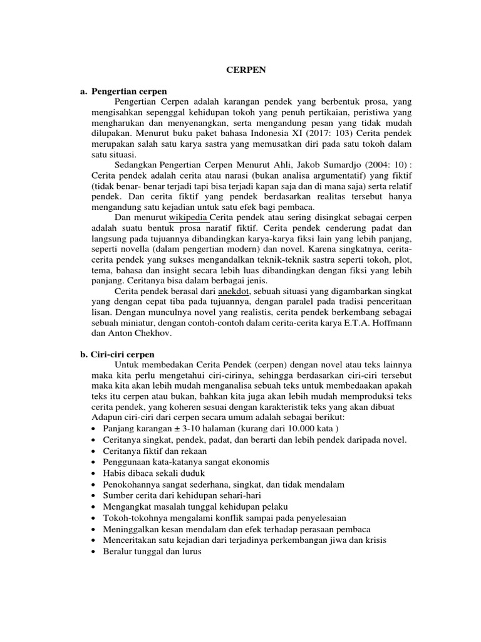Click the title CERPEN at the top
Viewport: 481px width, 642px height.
[x=246, y=71]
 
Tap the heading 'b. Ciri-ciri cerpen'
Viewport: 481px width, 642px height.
[x=118, y=354]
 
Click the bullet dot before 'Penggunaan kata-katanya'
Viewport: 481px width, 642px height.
[x=94, y=462]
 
